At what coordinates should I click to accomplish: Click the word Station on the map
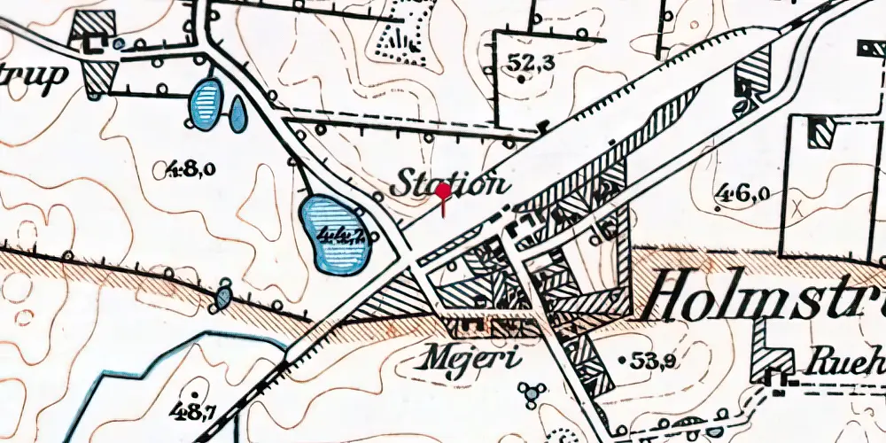[451, 183]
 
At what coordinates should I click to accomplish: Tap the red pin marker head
[443, 190]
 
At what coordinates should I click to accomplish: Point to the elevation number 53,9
[652, 360]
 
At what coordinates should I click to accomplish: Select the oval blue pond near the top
[206, 104]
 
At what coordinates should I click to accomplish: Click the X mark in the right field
[798, 209]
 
